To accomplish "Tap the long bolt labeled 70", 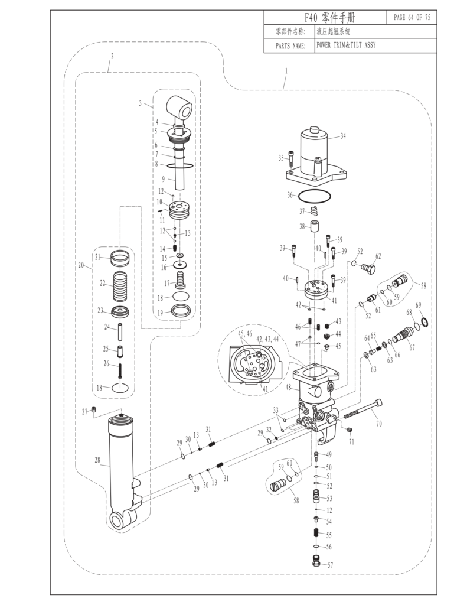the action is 363,409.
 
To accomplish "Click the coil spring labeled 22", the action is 119,287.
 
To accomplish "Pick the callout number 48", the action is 288,386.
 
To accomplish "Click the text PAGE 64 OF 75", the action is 412,17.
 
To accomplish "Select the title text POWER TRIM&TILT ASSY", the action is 346,45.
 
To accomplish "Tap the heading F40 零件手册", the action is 329,17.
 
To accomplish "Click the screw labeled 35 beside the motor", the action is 290,159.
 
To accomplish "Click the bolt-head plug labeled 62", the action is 368,268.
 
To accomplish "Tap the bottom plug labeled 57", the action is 316,561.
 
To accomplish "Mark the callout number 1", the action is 286,71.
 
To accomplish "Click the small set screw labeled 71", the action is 350,430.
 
